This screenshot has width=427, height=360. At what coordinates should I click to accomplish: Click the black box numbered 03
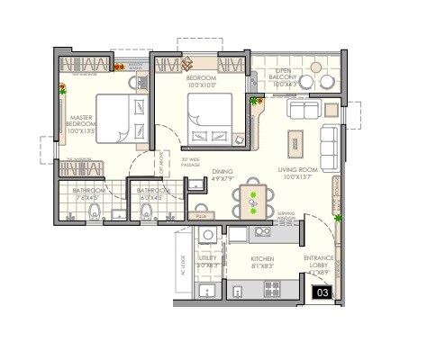click(320, 292)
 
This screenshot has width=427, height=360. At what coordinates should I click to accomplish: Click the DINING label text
click(223, 175)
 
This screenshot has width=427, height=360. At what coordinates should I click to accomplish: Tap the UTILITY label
click(207, 262)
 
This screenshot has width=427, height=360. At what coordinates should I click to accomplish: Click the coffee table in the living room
click(294, 142)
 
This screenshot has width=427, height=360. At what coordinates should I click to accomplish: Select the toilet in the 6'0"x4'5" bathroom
click(147, 212)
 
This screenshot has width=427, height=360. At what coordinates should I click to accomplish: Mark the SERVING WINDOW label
click(286, 216)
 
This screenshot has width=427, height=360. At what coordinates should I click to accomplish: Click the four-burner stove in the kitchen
click(264, 231)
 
